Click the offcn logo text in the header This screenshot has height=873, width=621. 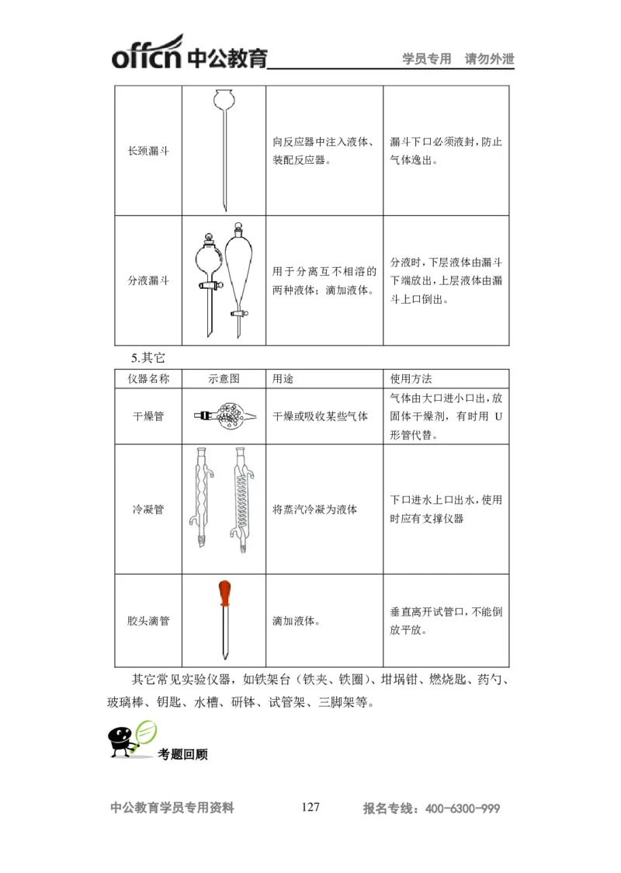coord(147,57)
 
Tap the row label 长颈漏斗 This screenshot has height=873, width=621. coord(148,151)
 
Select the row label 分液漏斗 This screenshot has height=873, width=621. coord(148,280)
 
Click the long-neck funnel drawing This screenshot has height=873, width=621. coord(224,148)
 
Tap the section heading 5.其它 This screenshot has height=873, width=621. coord(148,358)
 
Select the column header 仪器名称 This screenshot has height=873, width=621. coord(148,379)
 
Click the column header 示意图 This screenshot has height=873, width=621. coord(224,379)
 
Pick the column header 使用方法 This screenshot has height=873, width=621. coord(411,379)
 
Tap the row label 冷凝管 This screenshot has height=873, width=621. coord(148,510)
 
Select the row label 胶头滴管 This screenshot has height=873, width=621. coord(148,621)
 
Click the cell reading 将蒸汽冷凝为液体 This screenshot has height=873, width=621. coord(314,510)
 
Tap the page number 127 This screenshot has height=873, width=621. coord(310,807)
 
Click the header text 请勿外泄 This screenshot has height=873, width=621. coord(489,59)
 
